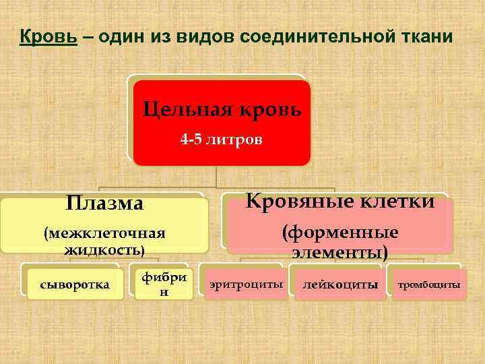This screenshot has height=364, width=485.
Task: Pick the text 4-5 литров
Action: click(x=222, y=140)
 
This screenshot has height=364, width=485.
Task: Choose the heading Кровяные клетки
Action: click(x=340, y=201)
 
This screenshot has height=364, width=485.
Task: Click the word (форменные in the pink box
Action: click(x=340, y=233)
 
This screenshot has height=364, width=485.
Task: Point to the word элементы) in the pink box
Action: click(x=340, y=253)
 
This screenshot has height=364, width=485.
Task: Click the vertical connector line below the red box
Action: click(x=216, y=177)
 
